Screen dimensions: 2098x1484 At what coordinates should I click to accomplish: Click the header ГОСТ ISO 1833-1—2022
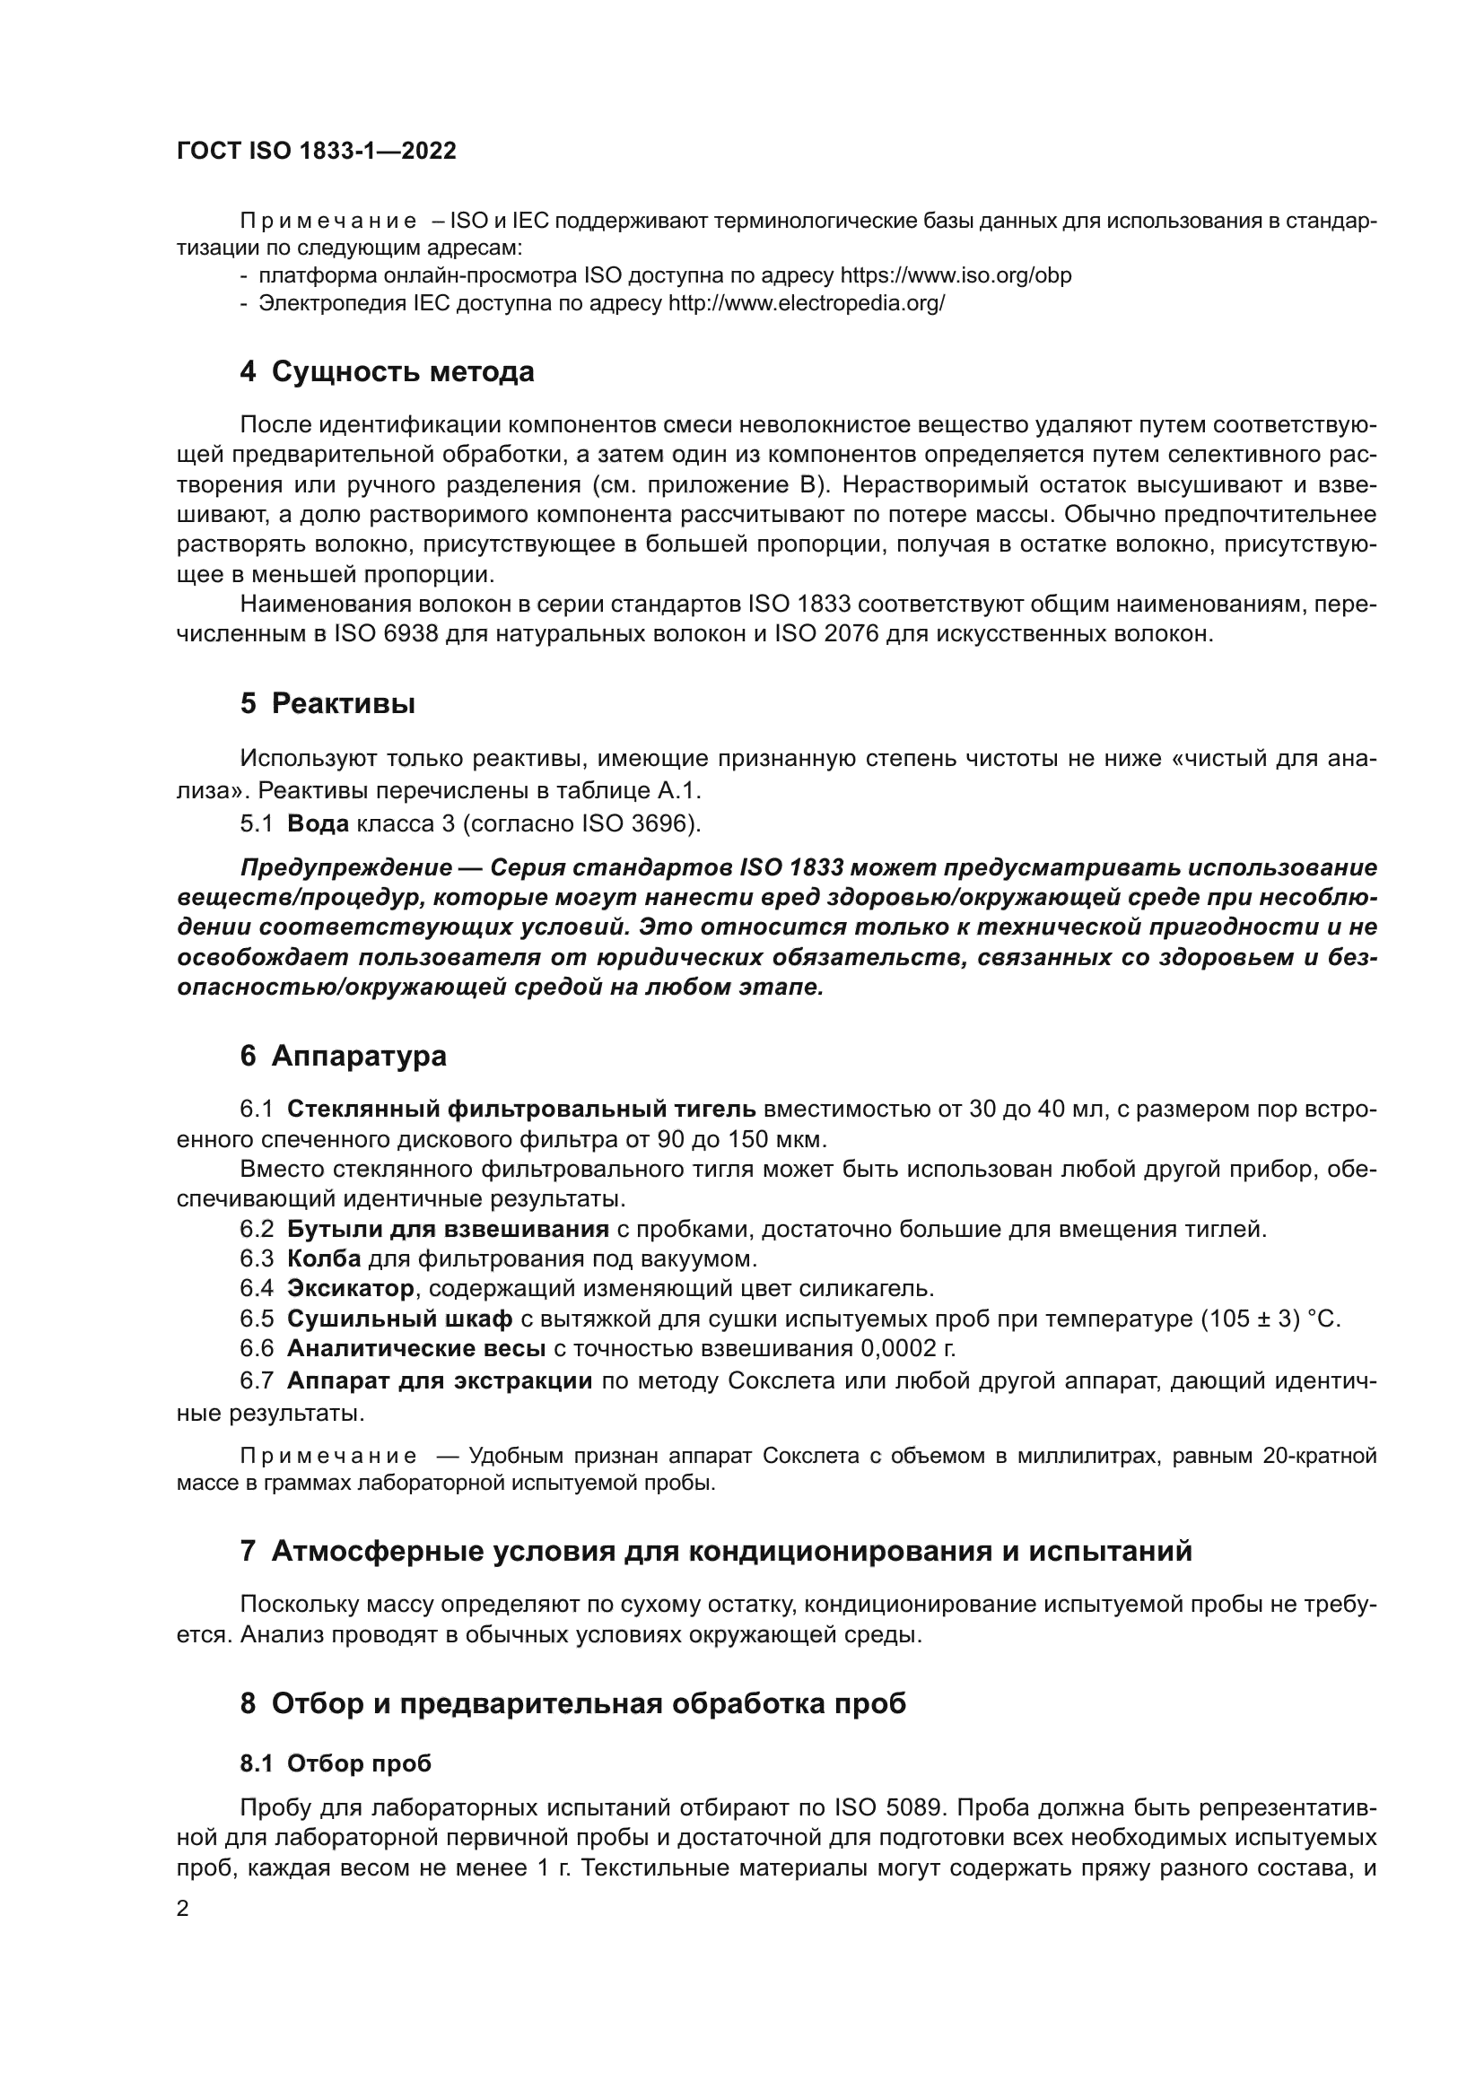(x=316, y=151)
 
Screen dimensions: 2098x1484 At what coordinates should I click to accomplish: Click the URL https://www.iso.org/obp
(x=955, y=275)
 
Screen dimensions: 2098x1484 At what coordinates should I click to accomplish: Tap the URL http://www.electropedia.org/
(x=806, y=303)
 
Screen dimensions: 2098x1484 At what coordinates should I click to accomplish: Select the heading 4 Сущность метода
(x=387, y=372)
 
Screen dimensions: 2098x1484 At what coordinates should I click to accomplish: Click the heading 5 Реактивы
(x=327, y=703)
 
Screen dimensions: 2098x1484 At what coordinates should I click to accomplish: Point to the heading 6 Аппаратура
(x=343, y=1056)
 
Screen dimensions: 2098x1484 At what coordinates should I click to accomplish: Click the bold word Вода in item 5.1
(x=317, y=823)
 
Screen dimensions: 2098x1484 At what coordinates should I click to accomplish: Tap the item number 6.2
(x=257, y=1229)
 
